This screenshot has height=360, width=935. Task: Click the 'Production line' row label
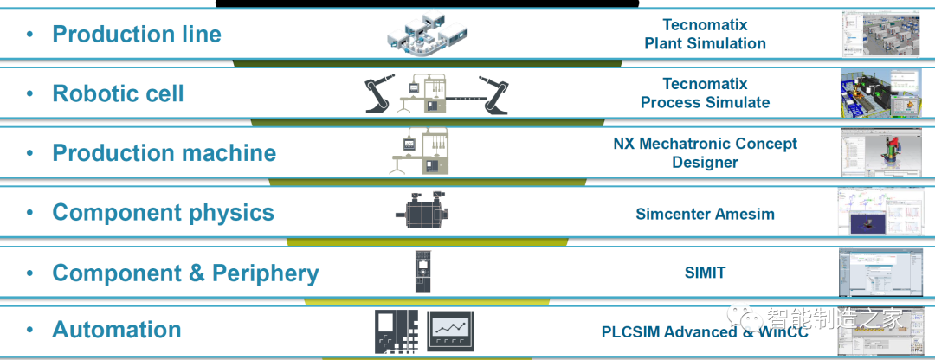[137, 35]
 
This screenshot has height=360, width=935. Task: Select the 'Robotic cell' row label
[119, 93]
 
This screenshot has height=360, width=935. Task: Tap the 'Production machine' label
[164, 153]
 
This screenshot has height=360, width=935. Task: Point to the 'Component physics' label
[163, 213]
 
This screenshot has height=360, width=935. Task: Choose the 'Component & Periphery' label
[185, 273]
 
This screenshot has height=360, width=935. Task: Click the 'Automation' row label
[117, 330]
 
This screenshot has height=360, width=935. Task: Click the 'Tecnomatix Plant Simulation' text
[705, 35]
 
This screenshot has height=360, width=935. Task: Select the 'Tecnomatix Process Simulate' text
[705, 93]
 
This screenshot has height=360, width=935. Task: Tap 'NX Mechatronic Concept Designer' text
[705, 153]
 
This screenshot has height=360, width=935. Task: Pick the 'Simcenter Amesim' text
[705, 214]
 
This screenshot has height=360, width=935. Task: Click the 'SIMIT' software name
[705, 273]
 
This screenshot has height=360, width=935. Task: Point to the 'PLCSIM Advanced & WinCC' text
[705, 332]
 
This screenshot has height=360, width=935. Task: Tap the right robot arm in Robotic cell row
[495, 94]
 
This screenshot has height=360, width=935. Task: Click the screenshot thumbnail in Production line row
[878, 34]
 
